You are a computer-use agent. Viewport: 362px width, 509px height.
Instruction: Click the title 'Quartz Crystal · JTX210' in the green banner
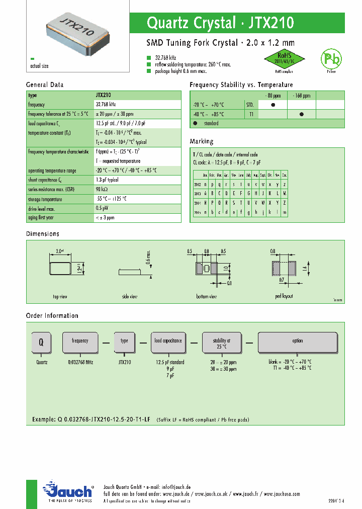[x=220, y=23]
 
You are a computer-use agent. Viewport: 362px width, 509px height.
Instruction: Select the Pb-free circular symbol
[x=331, y=59]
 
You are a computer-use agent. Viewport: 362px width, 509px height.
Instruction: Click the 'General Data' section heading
[x=45, y=85]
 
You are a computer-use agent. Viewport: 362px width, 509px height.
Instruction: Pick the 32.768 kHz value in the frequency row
[x=106, y=104]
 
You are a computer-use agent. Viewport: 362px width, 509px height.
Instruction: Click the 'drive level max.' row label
[x=42, y=208]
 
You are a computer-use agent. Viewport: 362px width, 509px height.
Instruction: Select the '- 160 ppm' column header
[x=302, y=95]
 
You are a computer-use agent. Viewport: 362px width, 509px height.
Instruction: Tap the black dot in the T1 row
[x=302, y=114]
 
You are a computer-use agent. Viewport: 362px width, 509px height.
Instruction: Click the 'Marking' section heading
[x=202, y=141]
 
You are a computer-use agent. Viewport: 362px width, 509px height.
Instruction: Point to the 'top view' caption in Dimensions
[x=60, y=297]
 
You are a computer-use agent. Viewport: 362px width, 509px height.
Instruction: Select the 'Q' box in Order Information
[x=42, y=342]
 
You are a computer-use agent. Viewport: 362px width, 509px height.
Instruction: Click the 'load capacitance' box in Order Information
[x=168, y=342]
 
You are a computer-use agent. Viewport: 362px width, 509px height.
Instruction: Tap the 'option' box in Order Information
[x=298, y=342]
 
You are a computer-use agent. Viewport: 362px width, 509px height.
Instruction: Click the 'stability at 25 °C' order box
[x=222, y=343]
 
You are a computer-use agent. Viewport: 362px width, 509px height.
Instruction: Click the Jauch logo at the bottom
[x=67, y=491]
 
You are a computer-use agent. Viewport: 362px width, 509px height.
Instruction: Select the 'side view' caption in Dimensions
[x=130, y=297]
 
